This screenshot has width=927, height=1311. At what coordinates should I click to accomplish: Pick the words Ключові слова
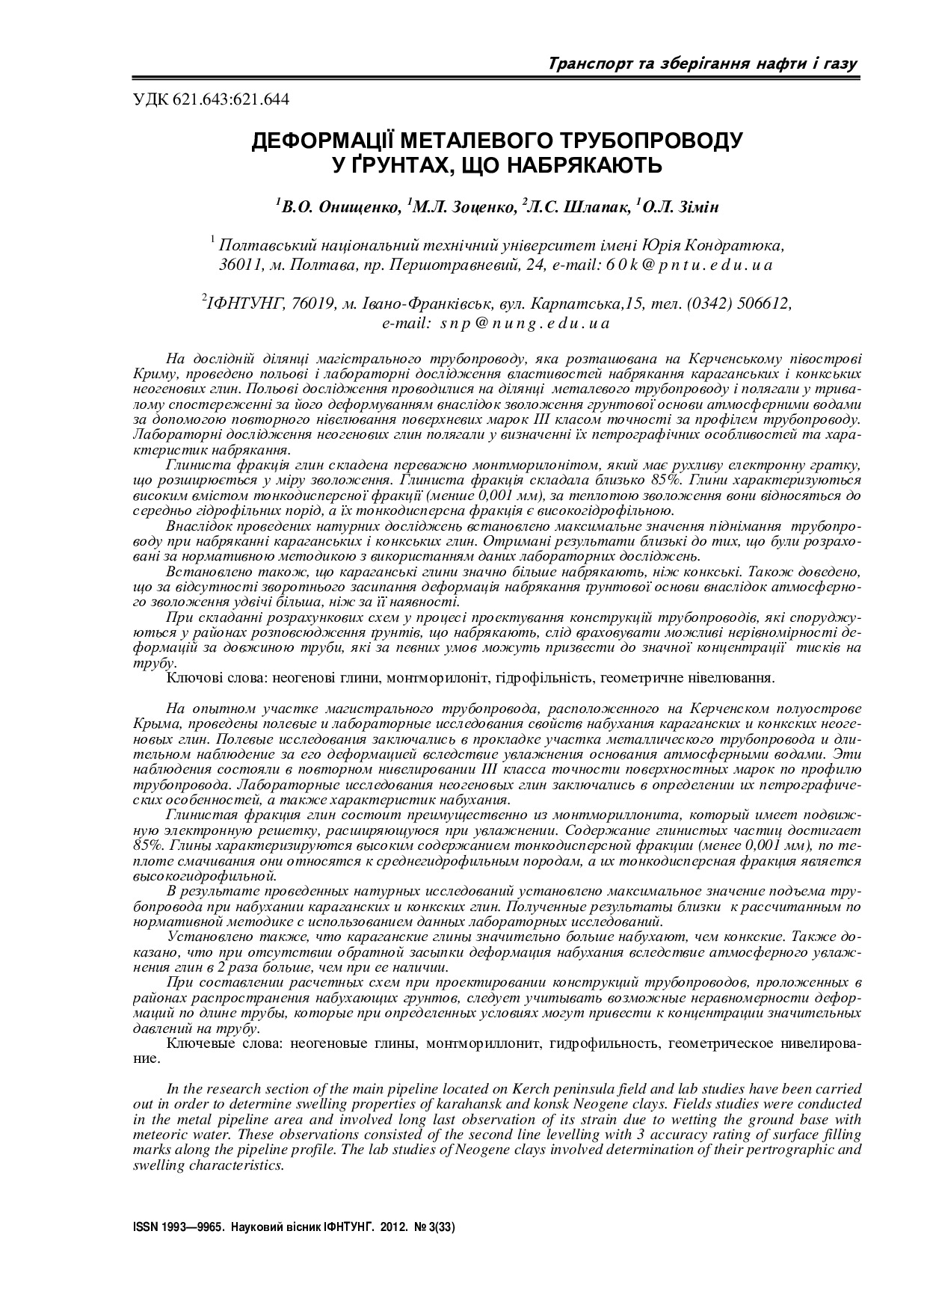[212, 678]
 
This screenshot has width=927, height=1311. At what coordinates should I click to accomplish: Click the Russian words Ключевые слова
[216, 1043]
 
